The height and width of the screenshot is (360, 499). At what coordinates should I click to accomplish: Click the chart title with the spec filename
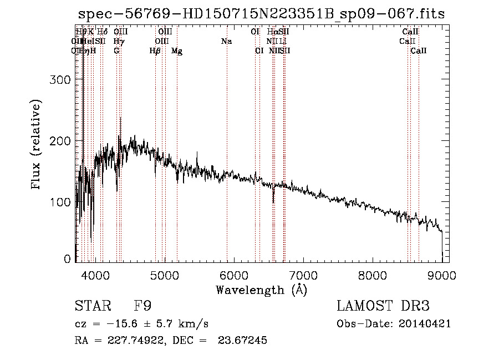261,14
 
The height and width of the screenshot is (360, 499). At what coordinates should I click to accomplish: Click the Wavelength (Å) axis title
261,290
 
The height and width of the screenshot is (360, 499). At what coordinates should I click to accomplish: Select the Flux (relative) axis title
37,145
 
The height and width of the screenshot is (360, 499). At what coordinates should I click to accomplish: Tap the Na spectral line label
226,41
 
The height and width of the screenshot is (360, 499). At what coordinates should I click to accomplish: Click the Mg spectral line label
177,51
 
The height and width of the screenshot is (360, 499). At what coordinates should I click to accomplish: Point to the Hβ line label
155,51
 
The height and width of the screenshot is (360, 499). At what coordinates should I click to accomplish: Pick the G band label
116,51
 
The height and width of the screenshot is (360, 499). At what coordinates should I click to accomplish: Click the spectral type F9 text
143,306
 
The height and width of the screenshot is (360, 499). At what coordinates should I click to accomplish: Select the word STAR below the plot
93,306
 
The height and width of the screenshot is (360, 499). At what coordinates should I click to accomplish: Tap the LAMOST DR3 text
383,306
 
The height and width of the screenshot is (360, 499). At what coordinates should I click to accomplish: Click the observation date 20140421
428,323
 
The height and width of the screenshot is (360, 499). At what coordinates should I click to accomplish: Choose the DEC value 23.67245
244,341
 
